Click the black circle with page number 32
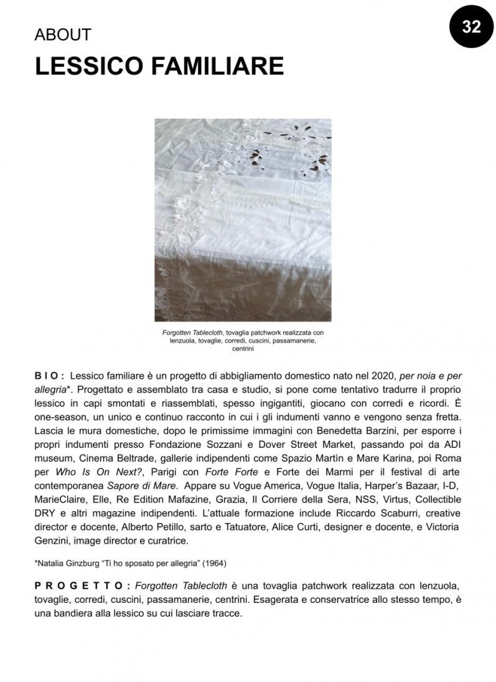(x=471, y=26)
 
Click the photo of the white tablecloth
(x=243, y=220)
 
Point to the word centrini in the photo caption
(x=243, y=349)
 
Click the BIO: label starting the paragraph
(x=49, y=376)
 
